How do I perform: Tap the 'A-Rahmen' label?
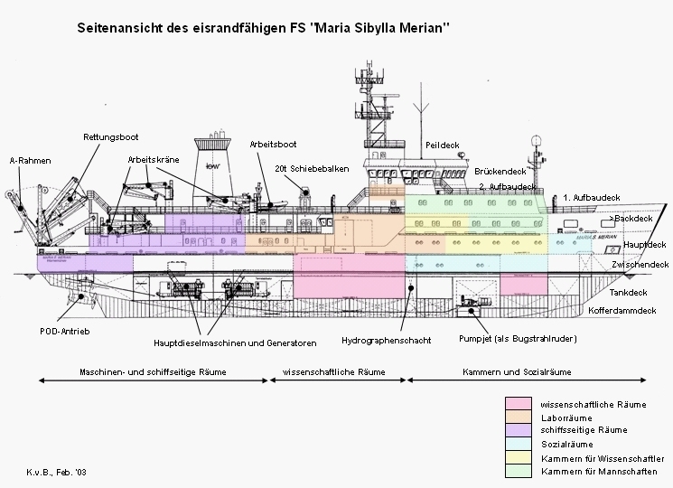pos(30,160)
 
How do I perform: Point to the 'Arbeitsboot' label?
pos(274,144)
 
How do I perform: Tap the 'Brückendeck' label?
pos(500,171)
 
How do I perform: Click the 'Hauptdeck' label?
pos(645,244)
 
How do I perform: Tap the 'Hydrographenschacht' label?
pos(387,341)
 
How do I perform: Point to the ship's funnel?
pos(212,164)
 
